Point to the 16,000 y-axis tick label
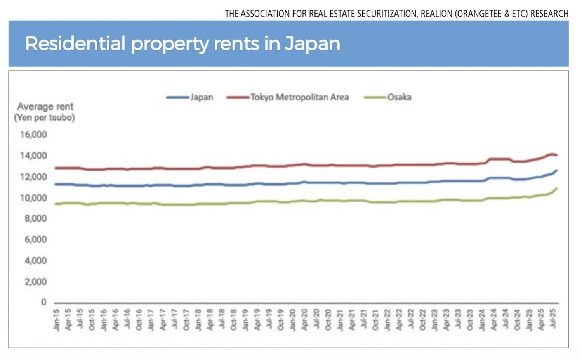click(33, 135)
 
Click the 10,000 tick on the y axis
click(33, 198)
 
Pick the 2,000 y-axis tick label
click(36, 282)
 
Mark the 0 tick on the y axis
click(43, 302)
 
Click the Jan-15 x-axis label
click(57, 320)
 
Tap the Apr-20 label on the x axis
click(305, 320)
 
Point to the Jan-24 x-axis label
click(482, 320)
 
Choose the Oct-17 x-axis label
click(186, 320)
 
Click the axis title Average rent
click(45, 107)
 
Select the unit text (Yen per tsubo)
click(44, 118)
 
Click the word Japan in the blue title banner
click(312, 43)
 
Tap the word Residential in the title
click(75, 43)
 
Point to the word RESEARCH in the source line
click(549, 14)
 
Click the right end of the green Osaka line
click(556, 189)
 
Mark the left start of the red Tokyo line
click(56, 168)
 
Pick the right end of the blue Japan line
click(556, 170)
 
